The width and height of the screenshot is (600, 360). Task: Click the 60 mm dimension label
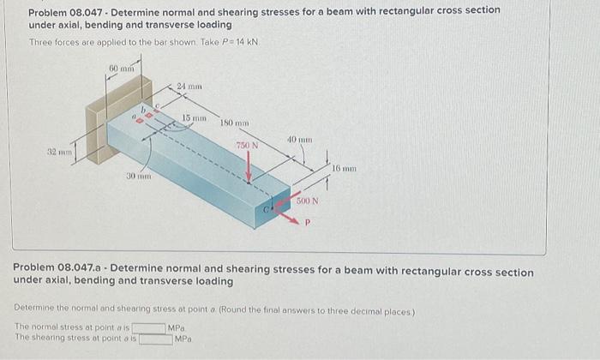120,67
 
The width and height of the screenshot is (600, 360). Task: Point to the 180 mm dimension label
233,123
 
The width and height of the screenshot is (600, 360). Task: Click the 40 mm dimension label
299,139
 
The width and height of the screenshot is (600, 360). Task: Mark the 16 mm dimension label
344,170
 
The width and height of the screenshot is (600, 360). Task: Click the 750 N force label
248,147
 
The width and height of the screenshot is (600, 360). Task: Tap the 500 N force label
308,201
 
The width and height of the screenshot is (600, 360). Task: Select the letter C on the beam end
267,207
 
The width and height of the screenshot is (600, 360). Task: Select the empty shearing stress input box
156,339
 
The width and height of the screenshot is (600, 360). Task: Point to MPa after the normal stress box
176,327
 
